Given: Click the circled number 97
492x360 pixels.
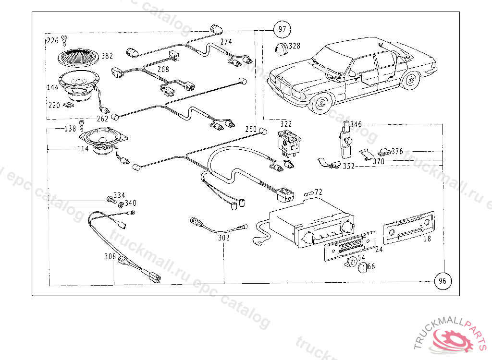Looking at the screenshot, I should click(x=282, y=29).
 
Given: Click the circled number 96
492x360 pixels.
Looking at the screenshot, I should click(x=443, y=281).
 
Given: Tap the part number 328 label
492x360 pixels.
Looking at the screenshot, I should click(x=294, y=46).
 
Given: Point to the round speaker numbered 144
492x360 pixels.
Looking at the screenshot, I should click(x=79, y=85).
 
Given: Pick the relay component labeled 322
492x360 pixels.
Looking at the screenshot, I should click(x=287, y=143).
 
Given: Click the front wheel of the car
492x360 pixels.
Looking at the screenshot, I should click(x=320, y=103).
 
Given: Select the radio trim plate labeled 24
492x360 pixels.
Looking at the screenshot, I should click(x=349, y=243).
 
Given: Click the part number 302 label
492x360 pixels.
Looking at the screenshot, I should click(x=224, y=238).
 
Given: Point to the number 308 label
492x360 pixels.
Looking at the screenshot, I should click(x=110, y=257).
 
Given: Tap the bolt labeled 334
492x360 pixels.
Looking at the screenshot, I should click(x=110, y=198).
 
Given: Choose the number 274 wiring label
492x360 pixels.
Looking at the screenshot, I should click(x=226, y=42).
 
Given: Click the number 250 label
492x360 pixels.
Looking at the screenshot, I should click(x=251, y=129).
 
